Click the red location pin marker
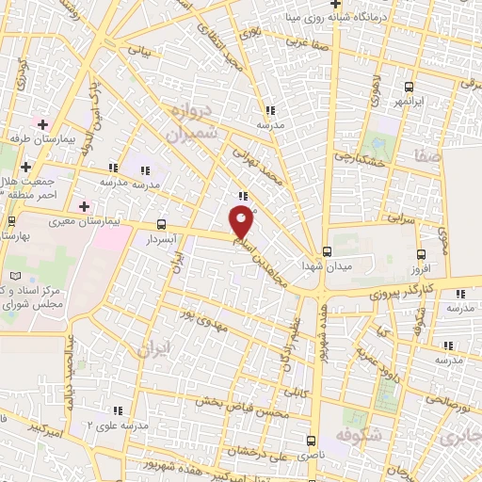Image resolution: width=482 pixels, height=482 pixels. coord(242,222)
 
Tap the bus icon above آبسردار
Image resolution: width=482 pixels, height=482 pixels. coord(161,224)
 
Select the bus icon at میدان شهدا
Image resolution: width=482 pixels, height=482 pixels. coord(327,251)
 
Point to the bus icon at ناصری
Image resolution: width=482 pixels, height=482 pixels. coord(313,440)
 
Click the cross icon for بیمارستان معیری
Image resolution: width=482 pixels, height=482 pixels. coord(84,206)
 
